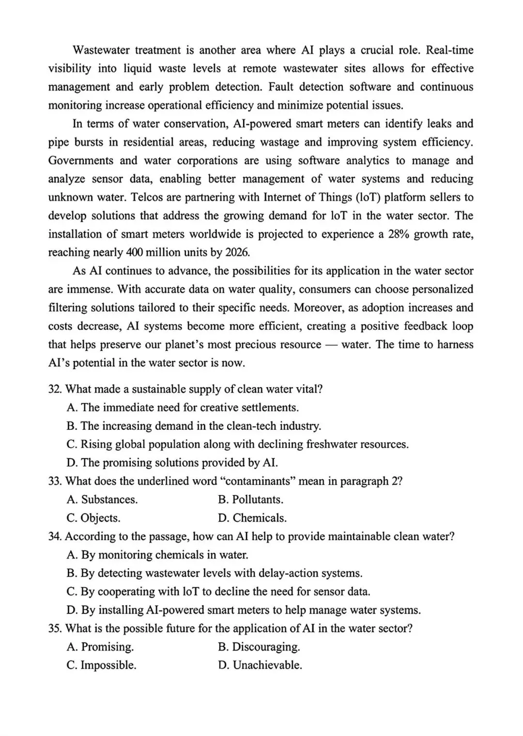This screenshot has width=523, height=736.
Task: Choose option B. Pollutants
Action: [x=250, y=500]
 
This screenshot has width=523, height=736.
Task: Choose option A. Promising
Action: [x=100, y=647]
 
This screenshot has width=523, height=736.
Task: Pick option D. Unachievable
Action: [x=260, y=665]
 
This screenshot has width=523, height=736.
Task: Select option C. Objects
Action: [x=93, y=518]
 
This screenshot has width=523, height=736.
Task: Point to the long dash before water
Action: [x=331, y=345]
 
